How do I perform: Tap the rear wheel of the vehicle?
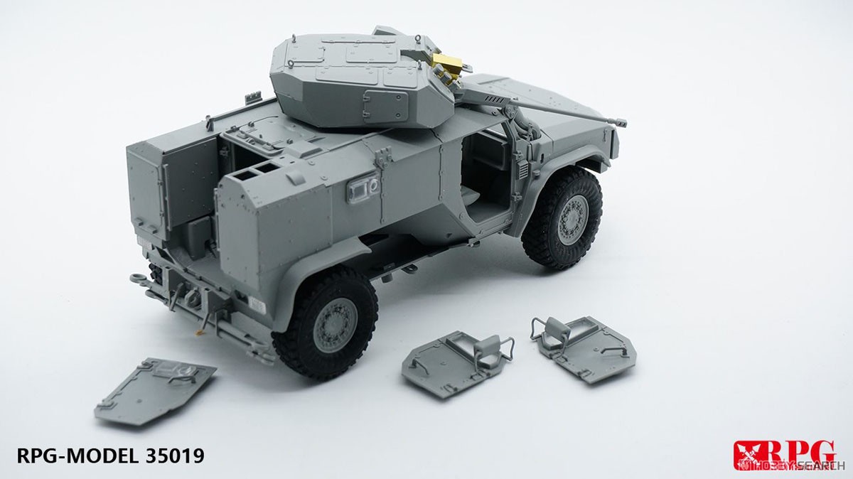coord(326,323)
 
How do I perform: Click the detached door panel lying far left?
coord(154,392)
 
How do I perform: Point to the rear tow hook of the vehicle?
coord(138,277)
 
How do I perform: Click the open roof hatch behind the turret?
coord(242,132)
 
